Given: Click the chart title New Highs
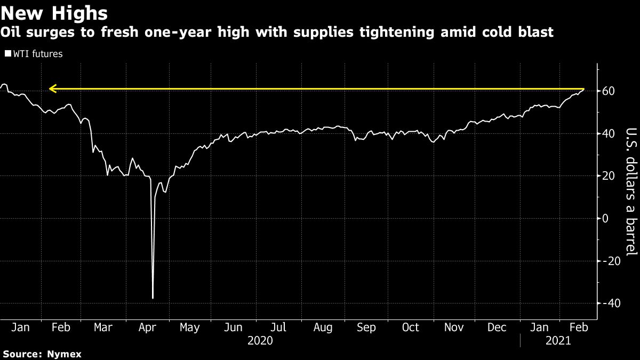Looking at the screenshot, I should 55,12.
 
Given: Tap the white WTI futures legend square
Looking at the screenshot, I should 7,54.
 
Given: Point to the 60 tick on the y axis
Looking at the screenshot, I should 609,91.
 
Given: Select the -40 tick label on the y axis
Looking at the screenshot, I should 612,303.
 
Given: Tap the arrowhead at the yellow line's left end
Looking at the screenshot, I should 51,89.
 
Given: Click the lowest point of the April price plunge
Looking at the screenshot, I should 153,298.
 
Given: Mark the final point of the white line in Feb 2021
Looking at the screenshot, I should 585,89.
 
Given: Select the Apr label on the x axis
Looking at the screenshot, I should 147,327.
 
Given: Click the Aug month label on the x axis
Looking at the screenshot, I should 323,327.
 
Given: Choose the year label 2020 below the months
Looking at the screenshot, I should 260,340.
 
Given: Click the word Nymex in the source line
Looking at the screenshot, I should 63,354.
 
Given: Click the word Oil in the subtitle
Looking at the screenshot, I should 11,33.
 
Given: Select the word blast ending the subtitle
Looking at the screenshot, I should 535,33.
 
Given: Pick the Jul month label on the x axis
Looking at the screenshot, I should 279,327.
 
